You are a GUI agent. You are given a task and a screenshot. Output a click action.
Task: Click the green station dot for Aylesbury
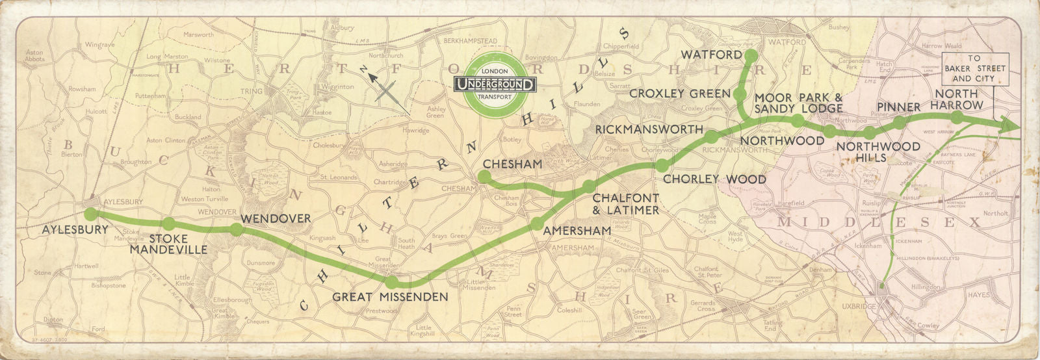pos(91,213)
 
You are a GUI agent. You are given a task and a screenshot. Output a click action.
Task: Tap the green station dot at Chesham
pos(484,177)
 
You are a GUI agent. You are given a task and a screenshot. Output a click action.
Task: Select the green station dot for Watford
pos(750,55)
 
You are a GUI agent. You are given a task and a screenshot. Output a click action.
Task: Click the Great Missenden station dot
pos(392,282)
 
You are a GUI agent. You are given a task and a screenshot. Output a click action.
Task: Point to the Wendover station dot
pos(236,229)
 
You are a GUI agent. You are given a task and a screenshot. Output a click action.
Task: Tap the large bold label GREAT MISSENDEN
pos(390,297)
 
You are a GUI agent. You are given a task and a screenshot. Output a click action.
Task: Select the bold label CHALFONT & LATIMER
pos(626,203)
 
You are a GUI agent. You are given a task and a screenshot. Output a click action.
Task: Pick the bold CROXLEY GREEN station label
pos(680,94)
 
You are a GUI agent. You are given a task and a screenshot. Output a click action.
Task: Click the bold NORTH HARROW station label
pos(956,99)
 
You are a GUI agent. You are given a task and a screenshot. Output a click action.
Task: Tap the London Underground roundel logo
pos(495,84)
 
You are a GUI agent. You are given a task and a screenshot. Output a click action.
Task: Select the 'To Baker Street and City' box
pos(974,68)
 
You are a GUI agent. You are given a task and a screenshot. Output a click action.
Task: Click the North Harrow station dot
pos(957,117)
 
